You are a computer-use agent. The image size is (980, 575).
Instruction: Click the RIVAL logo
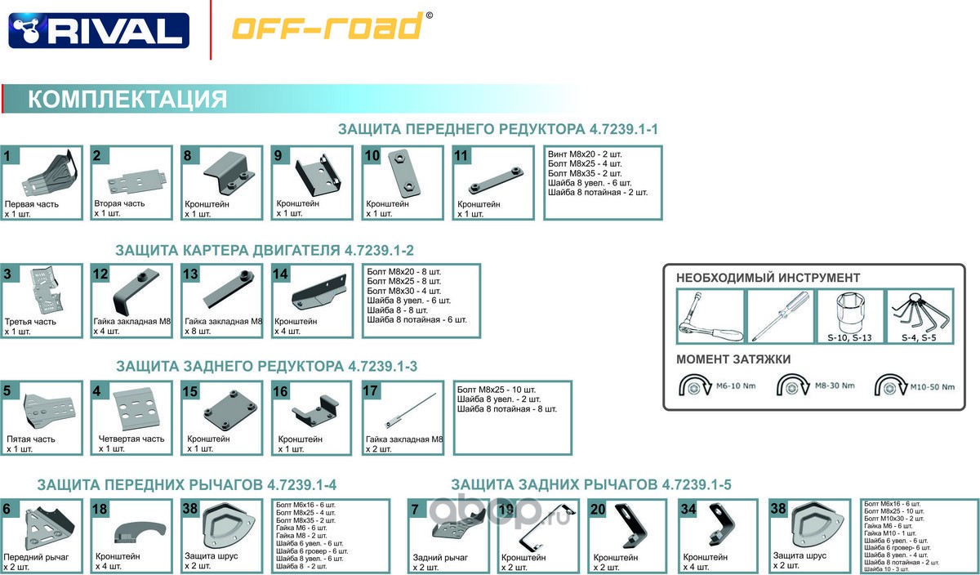click(99, 30)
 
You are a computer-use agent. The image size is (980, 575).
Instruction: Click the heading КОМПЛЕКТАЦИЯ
click(127, 100)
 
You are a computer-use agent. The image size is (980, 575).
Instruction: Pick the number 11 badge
click(461, 155)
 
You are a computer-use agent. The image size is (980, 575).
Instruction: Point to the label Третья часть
click(31, 322)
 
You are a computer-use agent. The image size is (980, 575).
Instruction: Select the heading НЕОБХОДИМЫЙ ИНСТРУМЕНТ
click(768, 278)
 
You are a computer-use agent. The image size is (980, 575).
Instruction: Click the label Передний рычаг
click(36, 557)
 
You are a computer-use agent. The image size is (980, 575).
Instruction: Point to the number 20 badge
click(598, 509)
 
